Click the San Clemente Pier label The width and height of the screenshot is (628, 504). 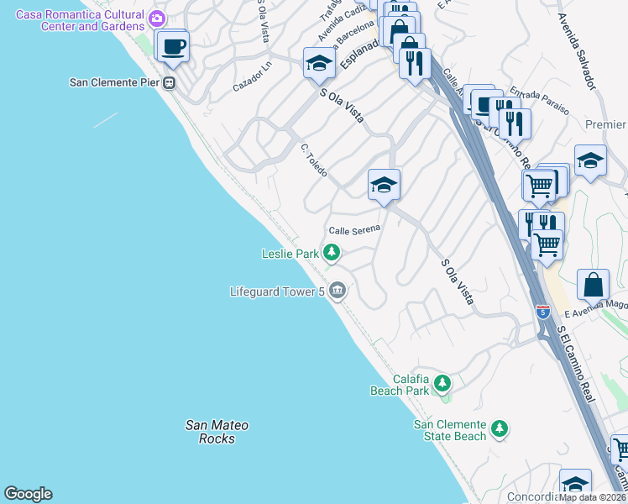tap(115, 82)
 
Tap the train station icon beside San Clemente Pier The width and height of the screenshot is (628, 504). tap(170, 82)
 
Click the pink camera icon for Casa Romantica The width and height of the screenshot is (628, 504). tap(156, 18)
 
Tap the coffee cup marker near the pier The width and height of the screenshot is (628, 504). tap(174, 46)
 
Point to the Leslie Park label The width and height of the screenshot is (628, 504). tap(290, 253)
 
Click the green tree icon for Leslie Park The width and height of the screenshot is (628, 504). tap(332, 252)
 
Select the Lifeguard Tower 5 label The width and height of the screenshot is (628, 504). tap(277, 291)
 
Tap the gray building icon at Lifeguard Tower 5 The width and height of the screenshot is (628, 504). tap(337, 291)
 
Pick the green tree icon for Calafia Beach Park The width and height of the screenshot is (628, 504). tap(442, 384)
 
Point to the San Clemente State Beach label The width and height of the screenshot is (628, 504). tap(450, 430)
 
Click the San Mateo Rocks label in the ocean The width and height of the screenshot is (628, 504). tap(211, 432)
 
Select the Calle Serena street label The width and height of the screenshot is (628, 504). tap(354, 229)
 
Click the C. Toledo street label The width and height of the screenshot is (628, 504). tap(314, 160)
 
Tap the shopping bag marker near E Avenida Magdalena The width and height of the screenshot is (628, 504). tap(593, 286)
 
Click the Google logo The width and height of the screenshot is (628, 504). tap(28, 494)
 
